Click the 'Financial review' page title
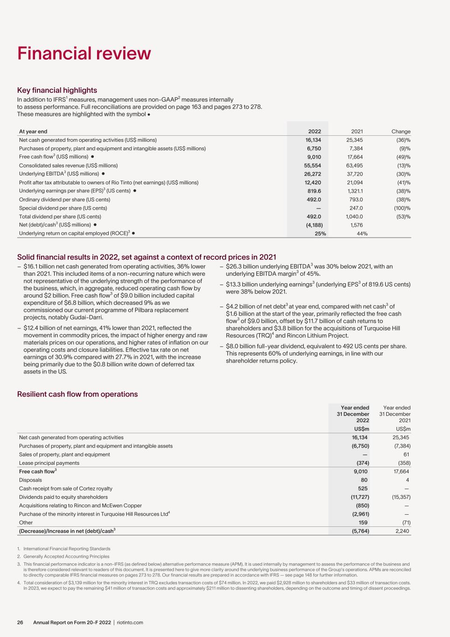point(84,54)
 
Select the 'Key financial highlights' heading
point(57,90)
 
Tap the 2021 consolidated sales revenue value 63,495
point(353,165)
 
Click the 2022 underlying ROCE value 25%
point(320,234)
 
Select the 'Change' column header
point(401,132)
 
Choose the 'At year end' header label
point(33,132)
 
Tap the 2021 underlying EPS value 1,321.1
point(353,191)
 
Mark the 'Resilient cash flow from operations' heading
point(77,394)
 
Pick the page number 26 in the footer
point(21,623)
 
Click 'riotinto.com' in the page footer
point(130,623)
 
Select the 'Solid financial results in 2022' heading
point(146,257)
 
